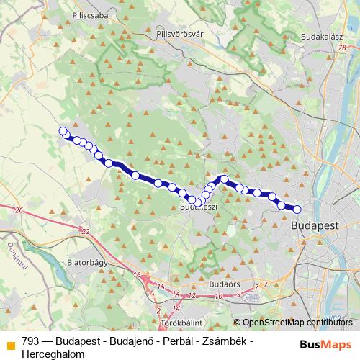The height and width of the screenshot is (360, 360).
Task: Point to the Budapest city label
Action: click(315, 225)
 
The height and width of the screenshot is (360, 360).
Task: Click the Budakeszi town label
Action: click(199, 207)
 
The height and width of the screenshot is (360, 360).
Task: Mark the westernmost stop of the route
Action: click(63, 131)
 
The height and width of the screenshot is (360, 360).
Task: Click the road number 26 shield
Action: click(19, 210)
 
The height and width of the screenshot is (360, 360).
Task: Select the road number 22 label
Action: click(86, 231)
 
